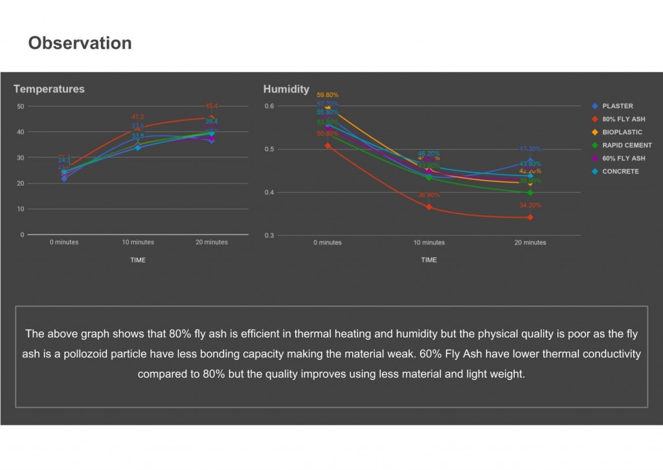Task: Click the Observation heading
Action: pos(80,43)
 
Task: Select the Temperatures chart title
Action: pos(49,89)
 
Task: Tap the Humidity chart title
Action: pos(286,89)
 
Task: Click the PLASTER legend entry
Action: pos(617,106)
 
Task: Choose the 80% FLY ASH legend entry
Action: pos(623,119)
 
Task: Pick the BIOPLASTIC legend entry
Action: pos(622,132)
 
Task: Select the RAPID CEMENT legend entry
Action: pos(627,146)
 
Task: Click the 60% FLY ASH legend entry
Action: pos(623,159)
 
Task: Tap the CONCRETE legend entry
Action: pos(620,172)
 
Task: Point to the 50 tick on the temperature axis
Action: pos(21,106)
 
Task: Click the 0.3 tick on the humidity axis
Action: pos(269,236)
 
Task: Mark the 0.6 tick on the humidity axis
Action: pos(269,106)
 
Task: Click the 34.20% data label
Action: pos(530,206)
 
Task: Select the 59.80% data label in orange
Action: pos(328,95)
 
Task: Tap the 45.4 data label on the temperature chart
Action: pos(212,106)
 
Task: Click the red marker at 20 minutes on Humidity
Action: pos(530,218)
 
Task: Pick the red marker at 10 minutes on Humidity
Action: pos(429,207)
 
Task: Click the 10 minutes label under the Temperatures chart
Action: pos(138,243)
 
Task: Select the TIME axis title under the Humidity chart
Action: pos(429,260)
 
